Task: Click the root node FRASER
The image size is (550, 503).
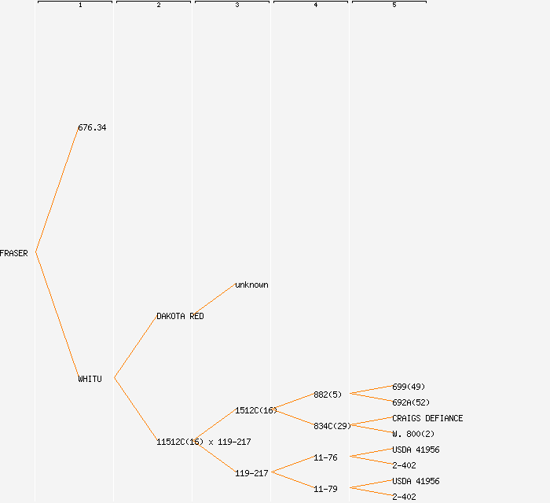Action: (14, 253)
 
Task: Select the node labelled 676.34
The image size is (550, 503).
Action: (92, 127)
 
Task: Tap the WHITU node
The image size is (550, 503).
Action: (90, 379)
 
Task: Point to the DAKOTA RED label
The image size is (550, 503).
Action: (180, 316)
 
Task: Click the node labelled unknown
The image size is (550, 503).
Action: (251, 285)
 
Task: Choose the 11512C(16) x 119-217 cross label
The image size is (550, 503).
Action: (203, 442)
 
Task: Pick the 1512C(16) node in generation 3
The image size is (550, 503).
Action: (256, 410)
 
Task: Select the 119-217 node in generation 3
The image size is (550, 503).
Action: (251, 473)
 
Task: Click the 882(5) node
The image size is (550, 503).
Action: (328, 395)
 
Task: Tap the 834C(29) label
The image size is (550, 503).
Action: (332, 426)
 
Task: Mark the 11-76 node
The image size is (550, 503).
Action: (325, 457)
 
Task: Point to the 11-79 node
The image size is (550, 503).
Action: (325, 489)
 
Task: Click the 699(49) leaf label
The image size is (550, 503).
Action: (409, 387)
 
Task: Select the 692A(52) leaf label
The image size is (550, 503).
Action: (411, 402)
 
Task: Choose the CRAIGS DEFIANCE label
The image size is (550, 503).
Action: (427, 418)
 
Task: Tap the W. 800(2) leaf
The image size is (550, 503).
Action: (413, 434)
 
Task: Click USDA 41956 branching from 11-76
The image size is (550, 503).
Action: (416, 450)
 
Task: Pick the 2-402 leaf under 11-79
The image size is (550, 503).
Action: (404, 497)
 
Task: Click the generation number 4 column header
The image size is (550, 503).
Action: (315, 6)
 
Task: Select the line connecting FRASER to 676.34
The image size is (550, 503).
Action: (57, 190)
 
